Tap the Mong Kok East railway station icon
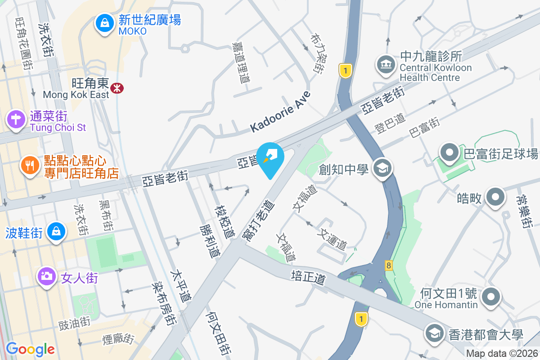117,88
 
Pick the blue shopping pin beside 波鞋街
56,231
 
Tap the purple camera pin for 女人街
46,276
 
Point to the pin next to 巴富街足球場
450,153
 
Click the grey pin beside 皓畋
495,197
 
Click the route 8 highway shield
388,265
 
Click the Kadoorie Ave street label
280,111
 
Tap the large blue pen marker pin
271,157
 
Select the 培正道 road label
308,276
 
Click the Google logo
30,349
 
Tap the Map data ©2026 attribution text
501,354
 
